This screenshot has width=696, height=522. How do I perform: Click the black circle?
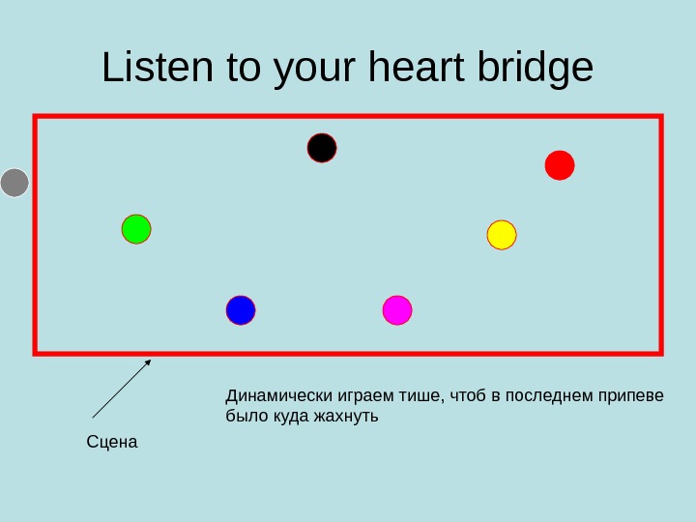click(322, 148)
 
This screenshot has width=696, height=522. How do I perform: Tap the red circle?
click(560, 165)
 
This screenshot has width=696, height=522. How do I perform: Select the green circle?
click(136, 229)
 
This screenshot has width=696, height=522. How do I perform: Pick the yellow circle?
click(502, 235)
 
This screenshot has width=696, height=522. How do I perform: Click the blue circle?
click(241, 310)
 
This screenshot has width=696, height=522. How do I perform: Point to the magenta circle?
click(397, 310)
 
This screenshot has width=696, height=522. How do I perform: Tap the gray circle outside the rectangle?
click(14, 183)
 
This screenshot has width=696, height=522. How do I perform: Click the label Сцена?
click(112, 442)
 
